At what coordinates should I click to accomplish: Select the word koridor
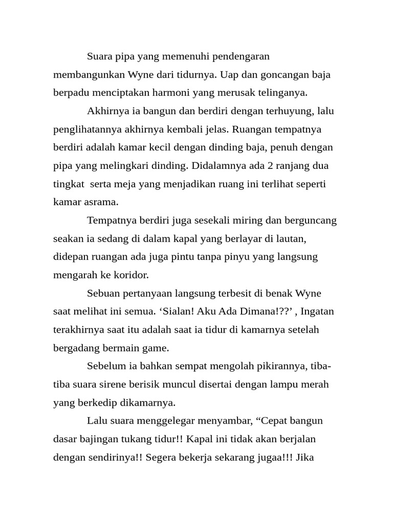[131, 275]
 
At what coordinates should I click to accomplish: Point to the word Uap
[229, 74]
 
